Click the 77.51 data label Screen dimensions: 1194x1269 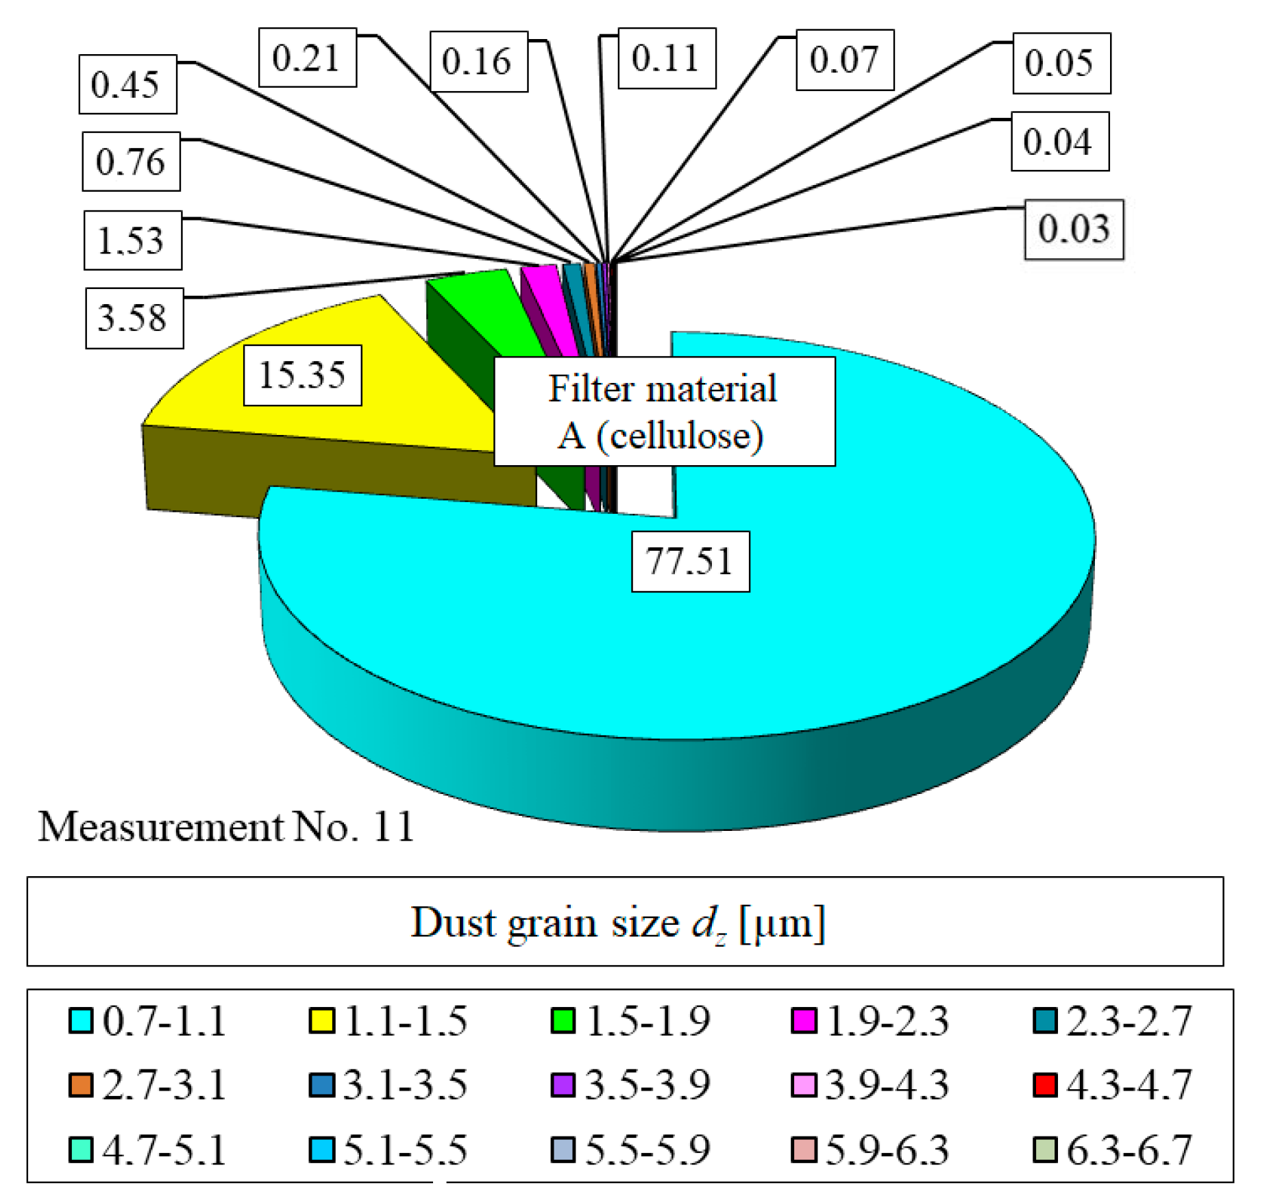689,561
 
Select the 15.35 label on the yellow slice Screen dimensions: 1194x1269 302,375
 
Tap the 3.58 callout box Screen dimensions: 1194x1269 134,318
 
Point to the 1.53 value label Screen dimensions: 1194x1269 132,240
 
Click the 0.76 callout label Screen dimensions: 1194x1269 131,162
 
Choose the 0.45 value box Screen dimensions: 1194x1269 127,84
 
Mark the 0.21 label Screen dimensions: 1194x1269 307,58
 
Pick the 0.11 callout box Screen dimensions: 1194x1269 666,58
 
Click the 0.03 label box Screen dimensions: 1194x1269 1073,229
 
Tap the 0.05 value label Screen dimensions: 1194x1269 1061,63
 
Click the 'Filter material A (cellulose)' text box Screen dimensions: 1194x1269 663,411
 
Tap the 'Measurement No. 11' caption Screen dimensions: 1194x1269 226,826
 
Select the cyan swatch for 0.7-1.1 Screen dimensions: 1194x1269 81,1020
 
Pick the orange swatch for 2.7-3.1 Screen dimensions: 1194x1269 81,1084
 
